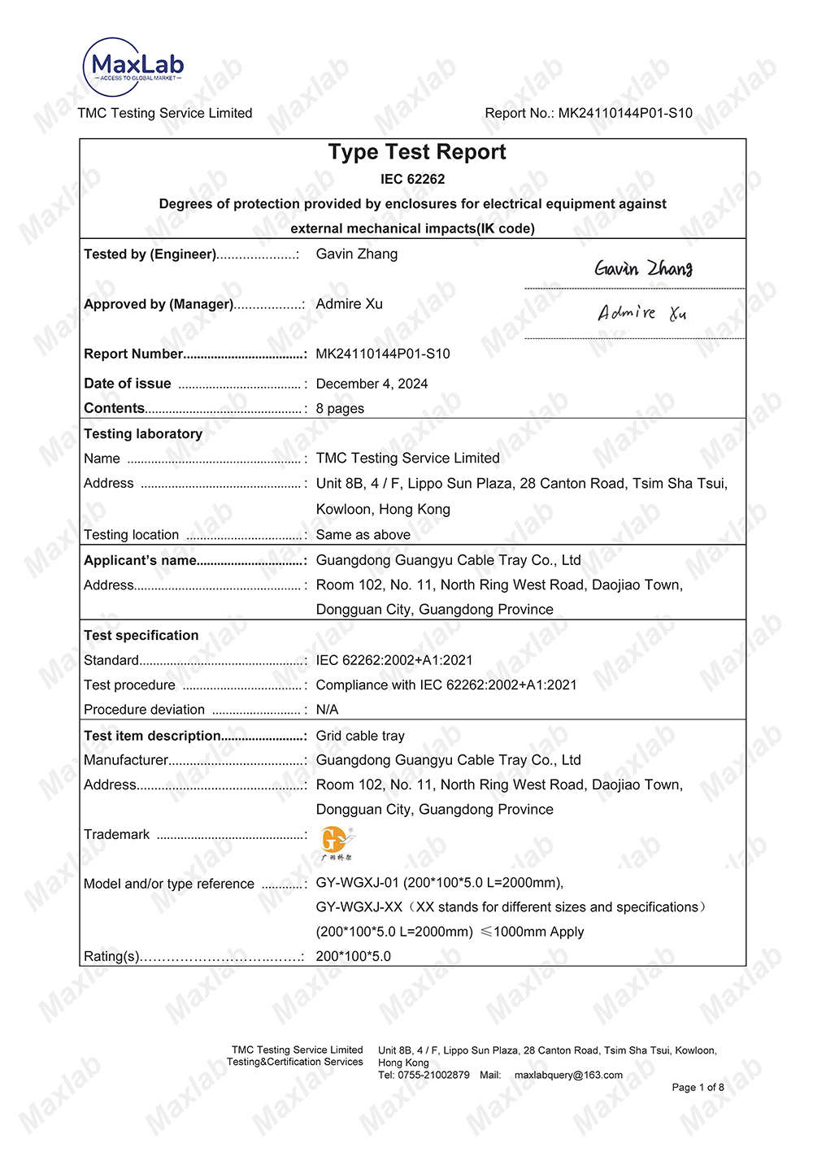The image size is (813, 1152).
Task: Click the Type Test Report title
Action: click(416, 152)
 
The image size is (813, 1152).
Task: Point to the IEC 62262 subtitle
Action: click(412, 179)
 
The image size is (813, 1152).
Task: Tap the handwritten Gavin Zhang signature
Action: click(643, 268)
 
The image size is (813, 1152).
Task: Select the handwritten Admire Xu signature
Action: click(641, 313)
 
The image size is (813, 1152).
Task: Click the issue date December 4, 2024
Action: click(372, 384)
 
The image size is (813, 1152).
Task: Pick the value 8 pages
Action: click(340, 408)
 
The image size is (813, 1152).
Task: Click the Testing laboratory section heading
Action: click(143, 433)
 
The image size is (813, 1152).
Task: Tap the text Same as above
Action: click(363, 534)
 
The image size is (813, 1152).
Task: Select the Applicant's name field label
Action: click(140, 560)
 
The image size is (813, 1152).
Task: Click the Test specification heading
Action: click(141, 635)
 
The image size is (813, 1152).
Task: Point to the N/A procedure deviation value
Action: click(327, 709)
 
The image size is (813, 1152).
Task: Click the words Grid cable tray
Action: click(360, 736)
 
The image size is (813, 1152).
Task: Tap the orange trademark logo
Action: click(337, 842)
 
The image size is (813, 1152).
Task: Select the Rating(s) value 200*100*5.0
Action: click(353, 956)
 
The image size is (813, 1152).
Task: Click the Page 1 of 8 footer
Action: click(698, 1087)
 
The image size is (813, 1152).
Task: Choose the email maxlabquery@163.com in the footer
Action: click(568, 1075)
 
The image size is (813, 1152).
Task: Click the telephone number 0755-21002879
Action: click(433, 1075)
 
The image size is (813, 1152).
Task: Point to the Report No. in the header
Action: click(589, 113)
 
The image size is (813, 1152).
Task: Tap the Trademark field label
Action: click(117, 834)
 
